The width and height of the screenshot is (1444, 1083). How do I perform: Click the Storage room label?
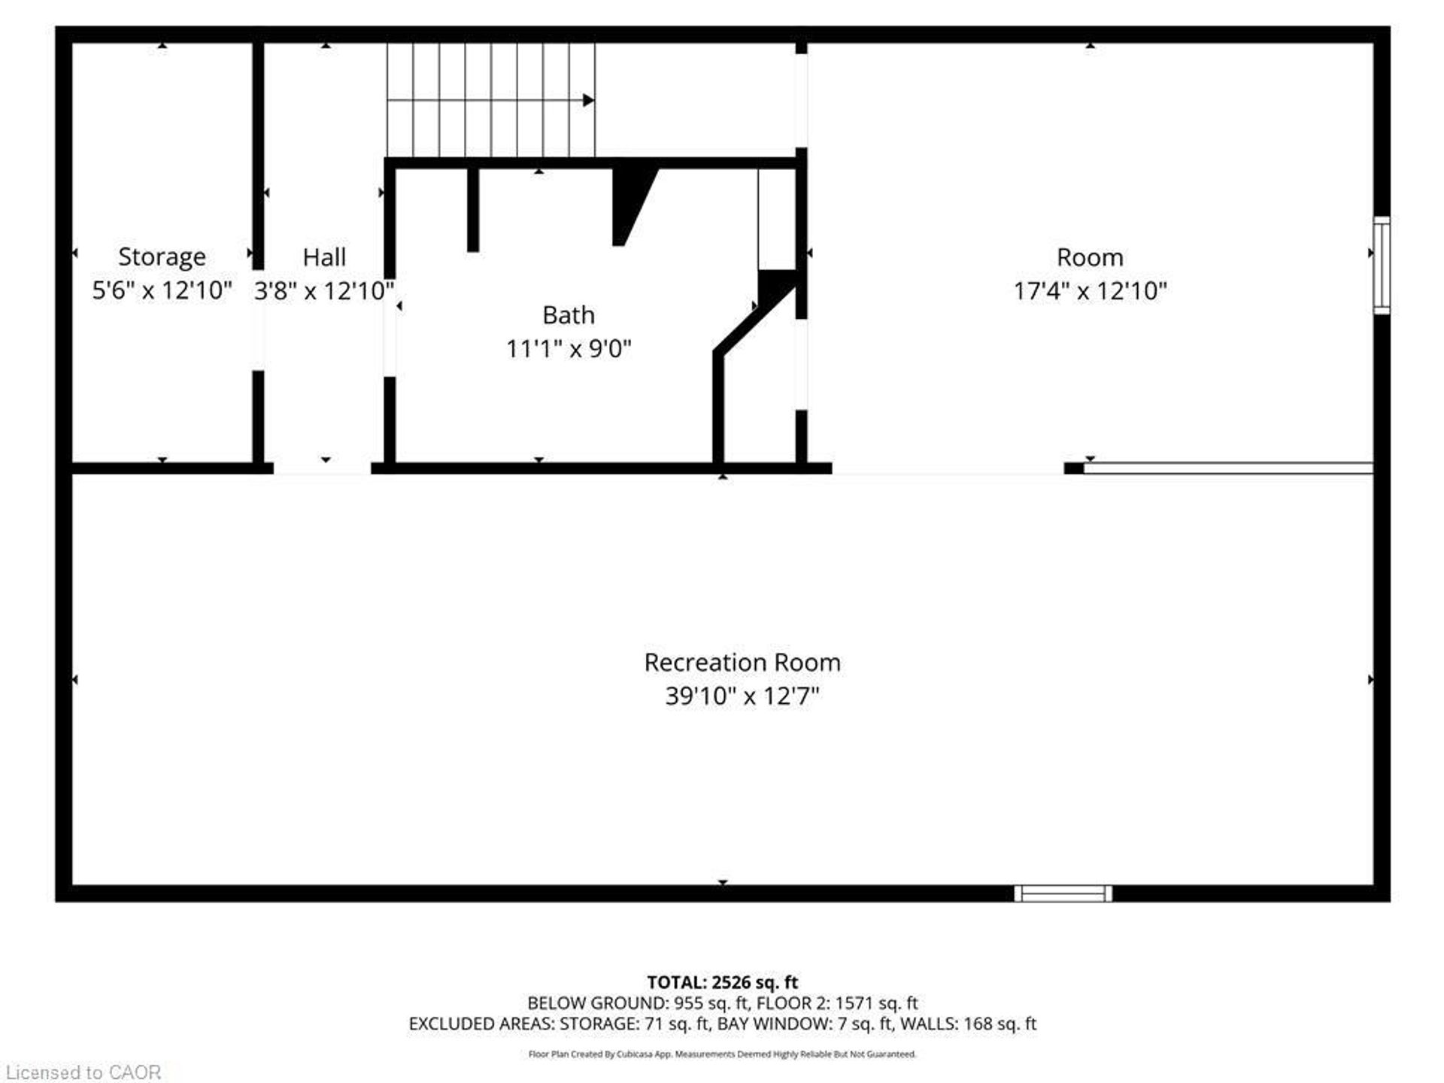click(x=162, y=257)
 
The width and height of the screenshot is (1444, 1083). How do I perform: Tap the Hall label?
click(x=324, y=257)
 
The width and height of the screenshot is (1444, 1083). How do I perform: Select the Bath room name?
click(x=569, y=315)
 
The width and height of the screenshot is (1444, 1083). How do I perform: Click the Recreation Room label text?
click(x=742, y=663)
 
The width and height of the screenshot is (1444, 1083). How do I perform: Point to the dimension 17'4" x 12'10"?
click(x=1090, y=291)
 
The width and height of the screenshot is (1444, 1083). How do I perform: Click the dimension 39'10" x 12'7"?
click(x=742, y=696)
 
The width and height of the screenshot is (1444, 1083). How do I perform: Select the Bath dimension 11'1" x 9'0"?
click(x=569, y=349)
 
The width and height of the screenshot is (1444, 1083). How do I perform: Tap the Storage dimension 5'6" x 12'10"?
click(x=162, y=290)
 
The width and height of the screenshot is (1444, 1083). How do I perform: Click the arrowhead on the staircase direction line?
click(x=588, y=100)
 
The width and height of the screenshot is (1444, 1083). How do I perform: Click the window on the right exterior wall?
click(x=1382, y=265)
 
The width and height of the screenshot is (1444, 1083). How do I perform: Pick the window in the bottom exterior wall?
click(x=1063, y=893)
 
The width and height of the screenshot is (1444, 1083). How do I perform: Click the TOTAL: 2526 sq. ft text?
click(x=722, y=982)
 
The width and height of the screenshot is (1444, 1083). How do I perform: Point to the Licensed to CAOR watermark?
click(x=83, y=1072)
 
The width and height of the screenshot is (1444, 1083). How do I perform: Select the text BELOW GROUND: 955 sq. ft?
click(x=639, y=1003)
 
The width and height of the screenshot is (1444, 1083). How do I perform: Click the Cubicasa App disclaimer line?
click(x=722, y=1054)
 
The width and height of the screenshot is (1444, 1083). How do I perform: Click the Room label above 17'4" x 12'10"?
click(x=1090, y=258)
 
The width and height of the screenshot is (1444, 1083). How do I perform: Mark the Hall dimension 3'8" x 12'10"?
click(x=324, y=290)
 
